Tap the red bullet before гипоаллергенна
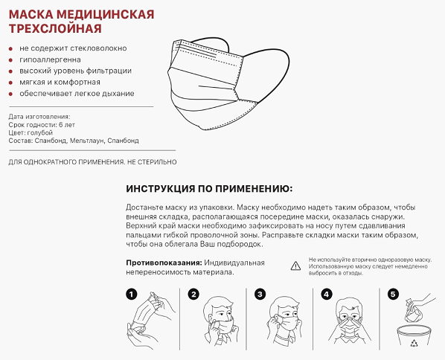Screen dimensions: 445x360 click(x=10, y=60)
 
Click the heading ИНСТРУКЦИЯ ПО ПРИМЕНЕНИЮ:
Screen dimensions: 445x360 click(x=209, y=189)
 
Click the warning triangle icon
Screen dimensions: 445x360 click(x=295, y=265)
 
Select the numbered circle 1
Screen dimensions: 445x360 click(x=132, y=294)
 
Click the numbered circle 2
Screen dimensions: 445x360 click(x=193, y=294)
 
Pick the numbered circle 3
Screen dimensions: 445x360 click(x=260, y=294)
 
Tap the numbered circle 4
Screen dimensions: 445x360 click(x=326, y=294)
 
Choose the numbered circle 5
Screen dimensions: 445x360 click(x=394, y=294)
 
